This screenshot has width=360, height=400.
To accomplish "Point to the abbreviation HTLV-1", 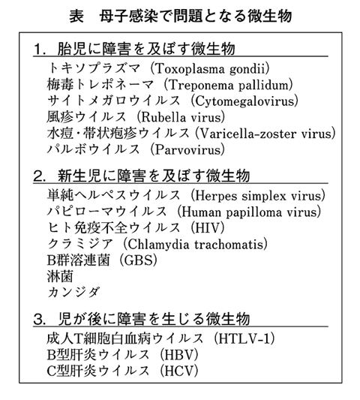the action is tap(248, 336).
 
